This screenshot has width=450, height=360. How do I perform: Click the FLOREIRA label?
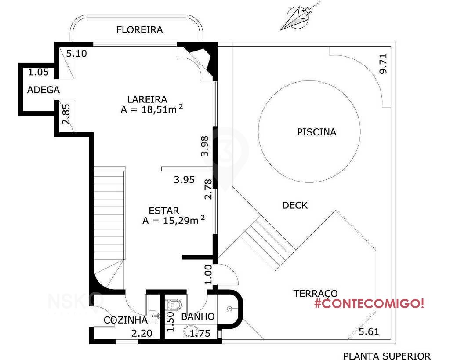tap(139, 29)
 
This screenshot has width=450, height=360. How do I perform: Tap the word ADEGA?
tap(44, 90)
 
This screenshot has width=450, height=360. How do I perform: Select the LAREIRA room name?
tap(147, 99)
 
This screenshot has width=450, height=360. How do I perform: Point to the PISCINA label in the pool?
tap(316, 132)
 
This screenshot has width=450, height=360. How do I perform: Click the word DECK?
tap(295, 205)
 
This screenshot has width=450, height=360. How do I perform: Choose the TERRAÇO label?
tap(316, 294)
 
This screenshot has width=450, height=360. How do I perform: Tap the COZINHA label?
tap(125, 320)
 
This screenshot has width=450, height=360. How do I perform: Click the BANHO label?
tap(198, 316)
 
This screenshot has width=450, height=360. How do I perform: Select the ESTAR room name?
tap(164, 211)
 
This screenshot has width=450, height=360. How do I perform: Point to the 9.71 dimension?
tap(383, 64)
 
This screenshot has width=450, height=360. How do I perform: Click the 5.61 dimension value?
tap(369, 331)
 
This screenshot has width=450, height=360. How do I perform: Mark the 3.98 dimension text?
tap(205, 146)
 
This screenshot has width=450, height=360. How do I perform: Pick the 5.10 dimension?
tap(76, 53)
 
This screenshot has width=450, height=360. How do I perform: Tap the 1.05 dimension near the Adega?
tap(39, 72)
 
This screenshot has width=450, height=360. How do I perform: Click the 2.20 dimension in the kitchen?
tap(142, 333)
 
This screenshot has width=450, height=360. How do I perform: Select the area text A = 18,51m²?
tap(152, 109)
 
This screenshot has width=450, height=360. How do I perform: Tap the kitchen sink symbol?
tap(154, 316)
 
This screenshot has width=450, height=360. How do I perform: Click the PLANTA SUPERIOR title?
tap(387, 356)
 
